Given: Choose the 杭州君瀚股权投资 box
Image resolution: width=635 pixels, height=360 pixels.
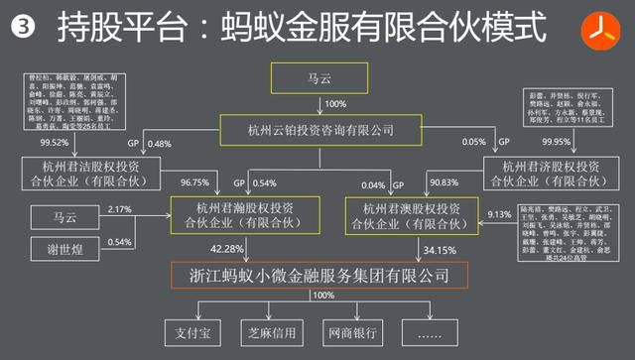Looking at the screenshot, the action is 231,214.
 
